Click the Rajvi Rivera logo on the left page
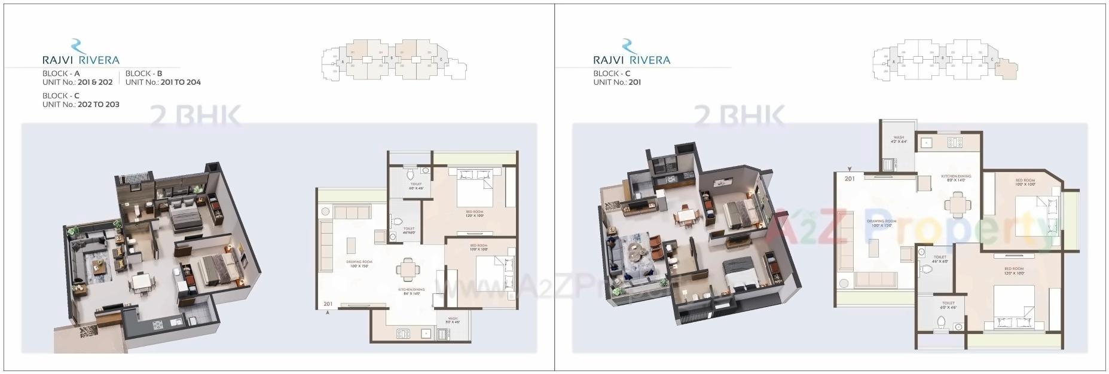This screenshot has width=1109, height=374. [80, 53]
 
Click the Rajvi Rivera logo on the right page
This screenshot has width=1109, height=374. [631, 53]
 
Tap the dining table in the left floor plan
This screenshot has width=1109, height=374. [407, 269]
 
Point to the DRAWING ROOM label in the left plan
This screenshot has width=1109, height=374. [359, 263]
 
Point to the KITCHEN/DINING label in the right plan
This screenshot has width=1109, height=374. [956, 177]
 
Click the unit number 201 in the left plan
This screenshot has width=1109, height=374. [328, 304]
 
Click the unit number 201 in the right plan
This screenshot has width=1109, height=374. [850, 178]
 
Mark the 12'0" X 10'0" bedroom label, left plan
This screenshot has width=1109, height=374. [475, 213]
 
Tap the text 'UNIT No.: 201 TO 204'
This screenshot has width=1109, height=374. [163, 82]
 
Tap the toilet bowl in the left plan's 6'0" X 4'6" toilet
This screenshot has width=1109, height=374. [410, 175]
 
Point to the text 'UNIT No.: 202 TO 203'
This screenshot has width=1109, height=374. [81, 105]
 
